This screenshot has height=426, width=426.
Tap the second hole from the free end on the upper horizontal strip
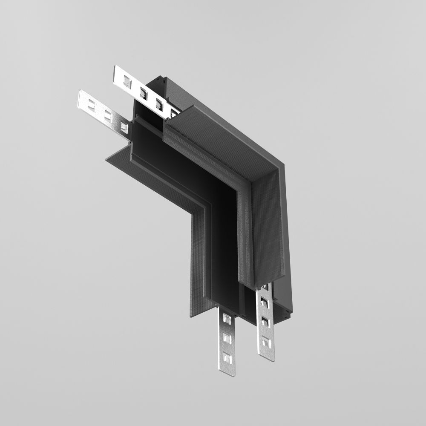pos(144,91)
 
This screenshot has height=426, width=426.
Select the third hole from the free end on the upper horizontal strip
pos(159,102)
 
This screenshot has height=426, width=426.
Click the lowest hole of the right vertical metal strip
pos(266,341)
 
